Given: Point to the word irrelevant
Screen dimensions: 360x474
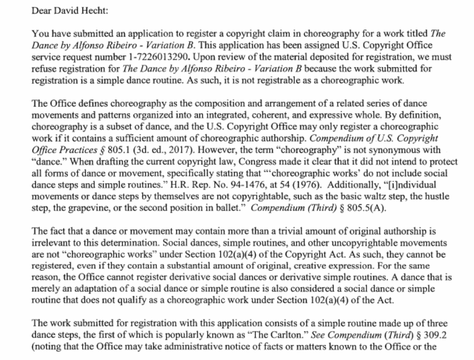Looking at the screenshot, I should [x=53, y=242].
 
